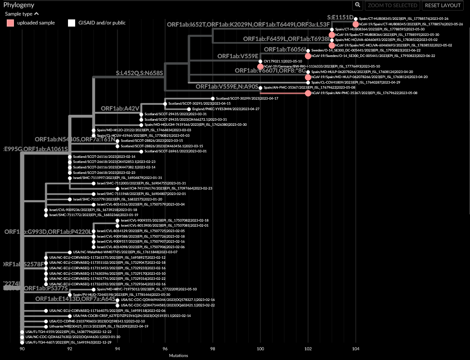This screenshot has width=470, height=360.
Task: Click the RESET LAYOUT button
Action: pyautogui.click(x=443, y=5)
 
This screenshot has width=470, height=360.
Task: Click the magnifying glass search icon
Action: pyautogui.click(x=358, y=5)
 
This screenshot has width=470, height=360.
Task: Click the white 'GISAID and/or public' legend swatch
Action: pyautogui.click(x=71, y=23)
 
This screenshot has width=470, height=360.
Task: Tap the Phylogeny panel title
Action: pyautogui.click(x=19, y=5)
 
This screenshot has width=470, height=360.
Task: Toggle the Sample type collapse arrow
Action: pyautogui.click(x=36, y=14)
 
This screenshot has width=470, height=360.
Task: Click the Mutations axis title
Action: pyautogui.click(x=178, y=356)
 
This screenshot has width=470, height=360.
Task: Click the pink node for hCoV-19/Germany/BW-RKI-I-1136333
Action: pyautogui.click(x=260, y=67)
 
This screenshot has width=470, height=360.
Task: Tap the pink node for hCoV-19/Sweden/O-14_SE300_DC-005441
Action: pyautogui.click(x=308, y=56)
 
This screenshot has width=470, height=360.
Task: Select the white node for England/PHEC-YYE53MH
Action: pyautogui.click(x=189, y=109)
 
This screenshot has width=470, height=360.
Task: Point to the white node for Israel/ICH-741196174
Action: pyautogui.click(x=117, y=188)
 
